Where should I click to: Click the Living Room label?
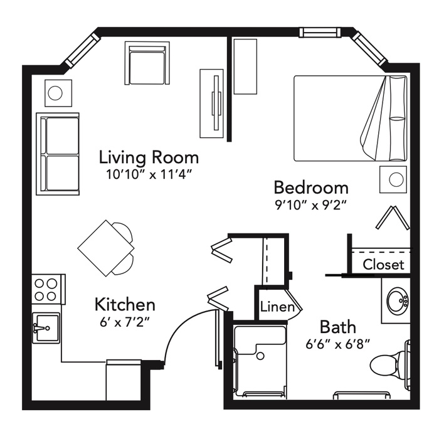149,157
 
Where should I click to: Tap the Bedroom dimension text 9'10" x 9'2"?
311,206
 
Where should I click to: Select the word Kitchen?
125,304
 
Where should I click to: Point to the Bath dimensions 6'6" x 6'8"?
338,344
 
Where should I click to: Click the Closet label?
384,264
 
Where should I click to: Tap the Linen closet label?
277,307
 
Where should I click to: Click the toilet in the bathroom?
389,364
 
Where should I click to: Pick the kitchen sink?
46,327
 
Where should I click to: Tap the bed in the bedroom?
350,118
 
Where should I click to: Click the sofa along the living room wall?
58,154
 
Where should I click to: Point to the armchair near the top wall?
147,63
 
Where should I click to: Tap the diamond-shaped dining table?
106,248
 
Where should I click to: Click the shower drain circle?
260,356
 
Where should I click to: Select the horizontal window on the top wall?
320,32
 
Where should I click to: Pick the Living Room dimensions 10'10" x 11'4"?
149,174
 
